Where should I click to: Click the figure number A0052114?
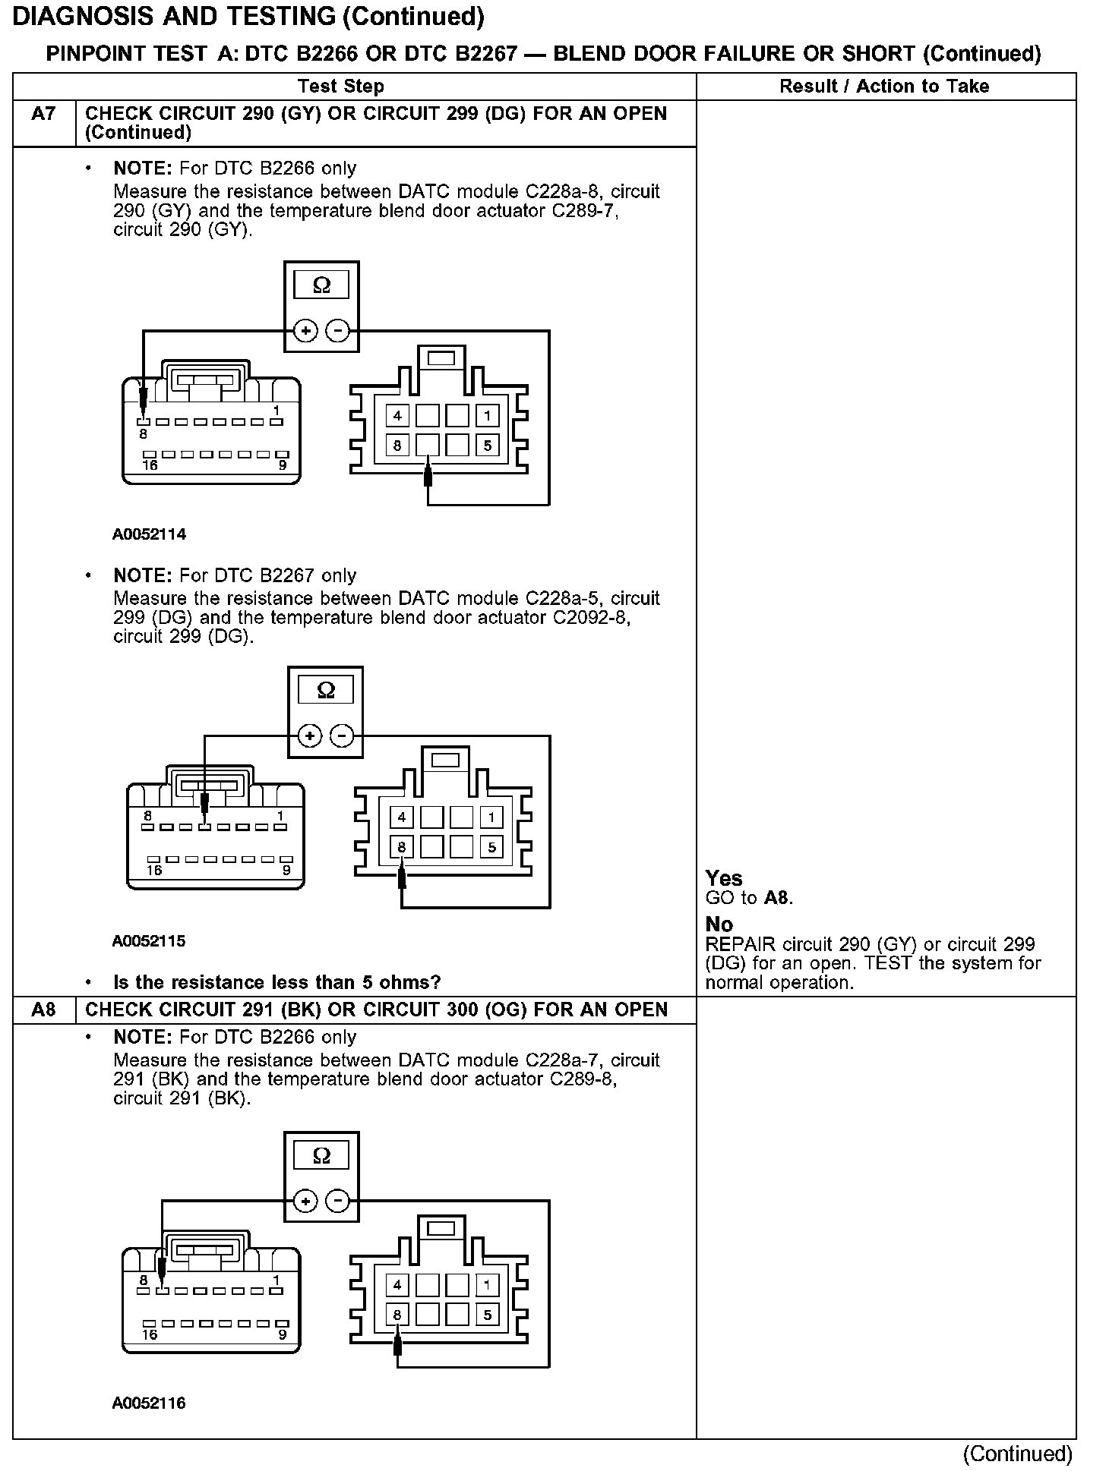(x=149, y=534)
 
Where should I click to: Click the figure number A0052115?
(x=149, y=941)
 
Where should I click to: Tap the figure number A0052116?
(x=149, y=1403)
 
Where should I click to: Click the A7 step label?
(x=44, y=115)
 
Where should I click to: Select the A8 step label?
(x=44, y=1010)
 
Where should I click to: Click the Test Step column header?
(x=341, y=87)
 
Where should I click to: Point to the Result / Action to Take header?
(x=884, y=87)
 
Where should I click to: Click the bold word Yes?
(x=724, y=878)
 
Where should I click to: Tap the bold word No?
(x=719, y=924)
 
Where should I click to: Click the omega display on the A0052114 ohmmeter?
(x=321, y=285)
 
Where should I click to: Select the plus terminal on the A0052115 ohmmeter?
(x=309, y=735)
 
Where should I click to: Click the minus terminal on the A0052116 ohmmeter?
(x=337, y=1201)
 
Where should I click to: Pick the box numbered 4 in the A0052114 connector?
(x=397, y=415)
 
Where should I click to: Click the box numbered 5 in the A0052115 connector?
(x=491, y=846)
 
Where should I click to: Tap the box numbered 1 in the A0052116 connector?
(x=487, y=1285)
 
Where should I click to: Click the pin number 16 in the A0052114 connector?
(x=150, y=465)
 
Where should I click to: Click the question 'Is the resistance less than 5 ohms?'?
(x=276, y=982)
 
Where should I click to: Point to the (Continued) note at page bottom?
(x=1017, y=1454)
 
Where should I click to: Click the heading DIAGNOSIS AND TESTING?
(x=248, y=17)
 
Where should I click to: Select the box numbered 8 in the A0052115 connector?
(x=402, y=846)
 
